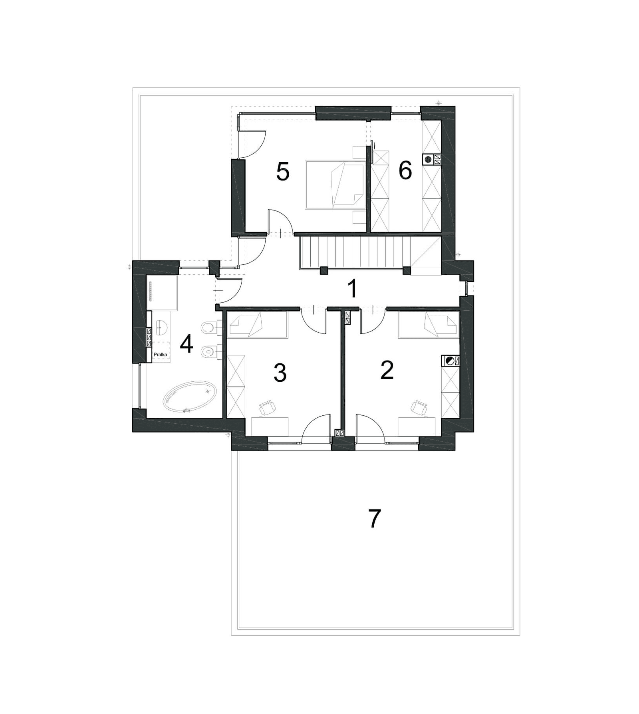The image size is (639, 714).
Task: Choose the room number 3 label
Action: (x=280, y=373)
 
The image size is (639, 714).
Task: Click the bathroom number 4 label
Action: (x=187, y=344)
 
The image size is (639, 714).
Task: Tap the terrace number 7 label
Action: (x=374, y=519)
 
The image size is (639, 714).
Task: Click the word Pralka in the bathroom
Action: (x=160, y=354)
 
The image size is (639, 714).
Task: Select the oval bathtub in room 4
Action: (x=190, y=397)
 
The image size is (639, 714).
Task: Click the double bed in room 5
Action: (x=335, y=184)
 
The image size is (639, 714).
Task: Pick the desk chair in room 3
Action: (x=268, y=408)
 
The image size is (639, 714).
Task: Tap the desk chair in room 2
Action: (x=419, y=408)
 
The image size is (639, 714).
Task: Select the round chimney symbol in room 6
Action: (x=428, y=159)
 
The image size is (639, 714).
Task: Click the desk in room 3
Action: (x=270, y=427)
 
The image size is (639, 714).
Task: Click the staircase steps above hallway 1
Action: (x=355, y=251)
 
